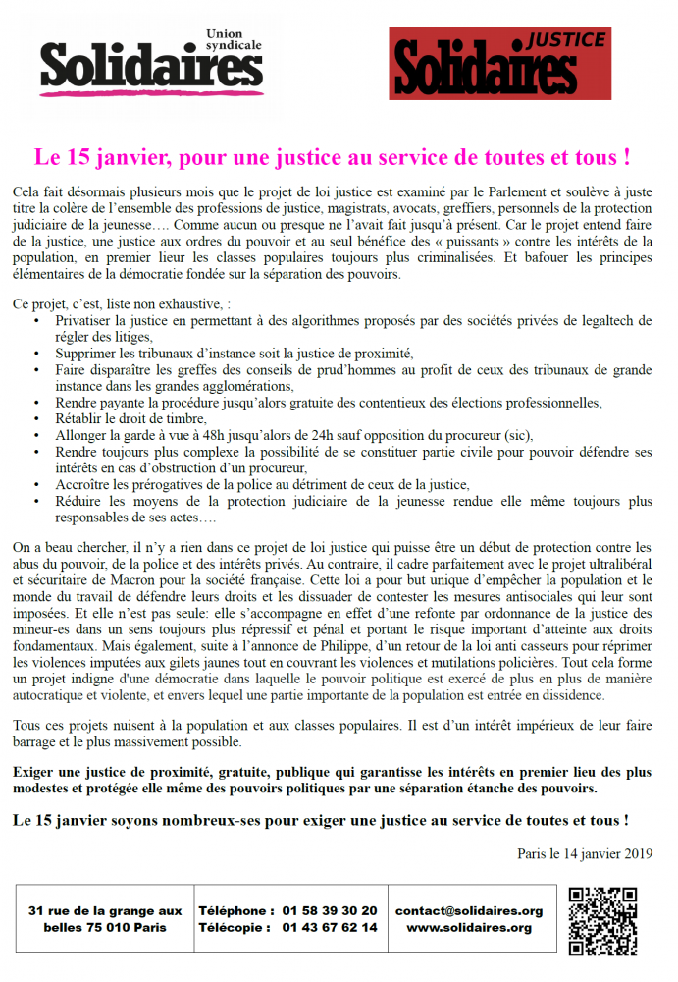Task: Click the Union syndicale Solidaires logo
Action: point(151,63)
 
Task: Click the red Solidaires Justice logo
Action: point(499,63)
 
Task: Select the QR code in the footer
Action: point(602,920)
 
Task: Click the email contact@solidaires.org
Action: point(469,911)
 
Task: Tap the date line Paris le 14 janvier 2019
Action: point(585,853)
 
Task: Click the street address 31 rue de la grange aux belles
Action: point(106,919)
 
